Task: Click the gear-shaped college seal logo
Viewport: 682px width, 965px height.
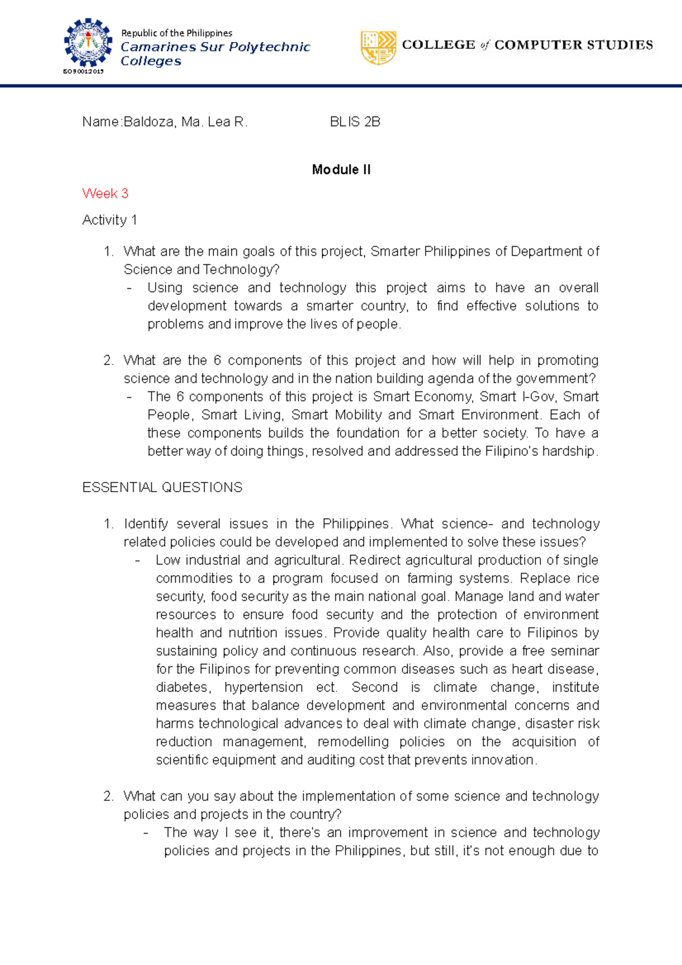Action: pyautogui.click(x=88, y=43)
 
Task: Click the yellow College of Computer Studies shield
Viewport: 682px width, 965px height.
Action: pyautogui.click(x=378, y=48)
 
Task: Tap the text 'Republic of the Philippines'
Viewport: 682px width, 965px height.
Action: pyautogui.click(x=177, y=33)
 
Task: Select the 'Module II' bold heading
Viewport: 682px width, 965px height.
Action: pyautogui.click(x=341, y=169)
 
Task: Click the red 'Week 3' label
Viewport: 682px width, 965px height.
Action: pyautogui.click(x=105, y=193)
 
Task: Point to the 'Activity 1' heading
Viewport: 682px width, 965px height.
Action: pyautogui.click(x=109, y=220)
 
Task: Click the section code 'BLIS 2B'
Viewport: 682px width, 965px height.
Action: pyautogui.click(x=355, y=122)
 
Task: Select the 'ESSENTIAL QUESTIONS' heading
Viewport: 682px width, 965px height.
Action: pyautogui.click(x=162, y=487)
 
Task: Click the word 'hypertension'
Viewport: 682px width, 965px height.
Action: pyautogui.click(x=264, y=687)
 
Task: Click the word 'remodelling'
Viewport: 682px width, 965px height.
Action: pyautogui.click(x=353, y=742)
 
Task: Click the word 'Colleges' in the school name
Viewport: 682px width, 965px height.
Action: pyautogui.click(x=151, y=61)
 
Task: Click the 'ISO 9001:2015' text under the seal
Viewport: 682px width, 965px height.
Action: pyautogui.click(x=83, y=72)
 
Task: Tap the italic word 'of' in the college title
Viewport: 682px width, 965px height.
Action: pyautogui.click(x=484, y=45)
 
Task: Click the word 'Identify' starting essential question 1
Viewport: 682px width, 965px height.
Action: pyautogui.click(x=145, y=523)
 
